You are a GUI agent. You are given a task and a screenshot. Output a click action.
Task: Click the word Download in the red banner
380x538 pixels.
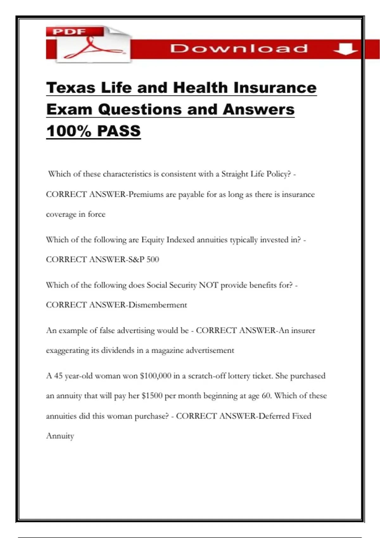(x=239, y=48)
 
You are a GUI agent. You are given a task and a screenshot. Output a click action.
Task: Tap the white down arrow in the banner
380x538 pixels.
(x=345, y=49)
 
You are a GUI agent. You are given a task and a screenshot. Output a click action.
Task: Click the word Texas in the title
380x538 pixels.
(x=71, y=88)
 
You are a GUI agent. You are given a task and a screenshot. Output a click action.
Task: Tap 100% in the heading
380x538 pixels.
(x=69, y=131)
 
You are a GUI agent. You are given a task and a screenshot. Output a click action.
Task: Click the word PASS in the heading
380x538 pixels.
(x=119, y=131)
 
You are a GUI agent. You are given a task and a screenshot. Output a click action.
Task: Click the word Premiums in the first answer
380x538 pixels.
(x=146, y=194)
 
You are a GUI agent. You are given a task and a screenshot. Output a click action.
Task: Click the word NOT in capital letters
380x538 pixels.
(x=208, y=285)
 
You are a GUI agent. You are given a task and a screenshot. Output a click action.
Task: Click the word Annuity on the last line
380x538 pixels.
(x=60, y=436)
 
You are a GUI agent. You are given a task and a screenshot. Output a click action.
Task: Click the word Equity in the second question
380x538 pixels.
(x=153, y=240)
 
